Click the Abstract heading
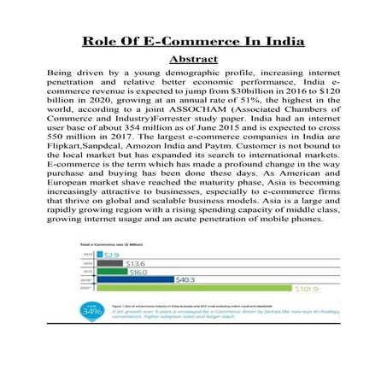(x=194, y=59)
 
